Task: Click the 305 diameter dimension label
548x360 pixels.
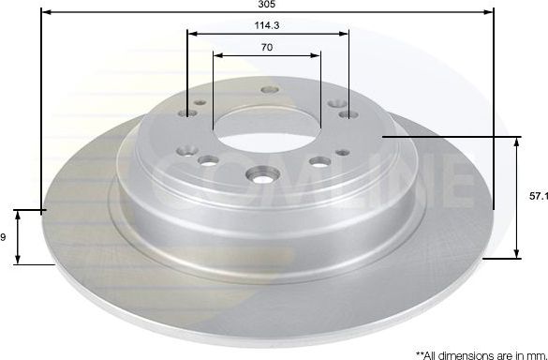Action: (267, 5)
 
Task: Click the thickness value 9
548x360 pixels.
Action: (4, 237)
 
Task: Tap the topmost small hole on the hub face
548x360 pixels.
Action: (271, 91)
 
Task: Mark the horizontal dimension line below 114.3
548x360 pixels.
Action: (268, 33)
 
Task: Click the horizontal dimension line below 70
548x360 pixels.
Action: (268, 55)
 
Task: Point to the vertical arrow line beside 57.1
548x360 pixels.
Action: (516, 197)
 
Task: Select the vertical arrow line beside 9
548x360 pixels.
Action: (20, 237)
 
